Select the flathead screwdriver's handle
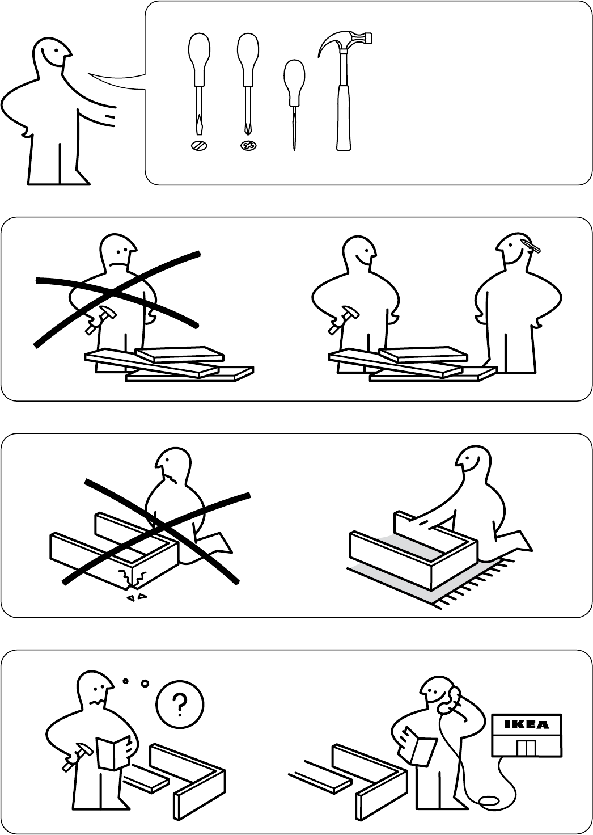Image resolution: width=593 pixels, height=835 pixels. [x=199, y=59]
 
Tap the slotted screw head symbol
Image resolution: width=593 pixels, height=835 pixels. [x=199, y=145]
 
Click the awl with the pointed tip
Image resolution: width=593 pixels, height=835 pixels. [x=294, y=104]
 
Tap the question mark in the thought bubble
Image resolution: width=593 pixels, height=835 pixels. [x=180, y=704]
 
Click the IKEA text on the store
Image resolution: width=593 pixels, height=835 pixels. [x=526, y=724]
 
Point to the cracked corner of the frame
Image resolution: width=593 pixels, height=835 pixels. [x=132, y=578]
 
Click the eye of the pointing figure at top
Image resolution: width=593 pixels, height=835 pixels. [x=56, y=50]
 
